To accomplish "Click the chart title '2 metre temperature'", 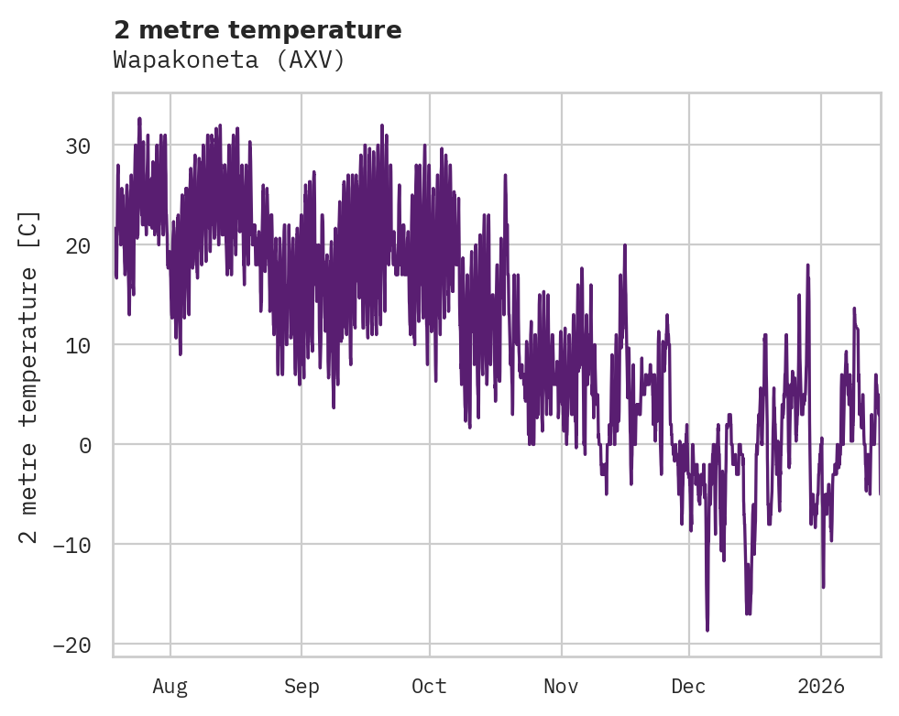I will pos(258,30).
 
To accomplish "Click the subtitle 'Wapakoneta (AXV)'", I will pos(229,60).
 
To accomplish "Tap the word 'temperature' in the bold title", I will pos(327,30).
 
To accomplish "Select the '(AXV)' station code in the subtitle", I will pos(312,60).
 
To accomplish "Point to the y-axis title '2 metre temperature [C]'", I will pos(29,376).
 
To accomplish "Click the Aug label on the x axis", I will pos(170,686).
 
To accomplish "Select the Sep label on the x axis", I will pos(301,686).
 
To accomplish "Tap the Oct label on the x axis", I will pos(429,686).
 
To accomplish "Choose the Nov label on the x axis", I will pos(561,686).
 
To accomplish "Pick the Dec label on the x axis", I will pos(688,686).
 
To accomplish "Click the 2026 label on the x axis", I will pos(821,686).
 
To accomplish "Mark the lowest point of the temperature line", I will pos(707,630).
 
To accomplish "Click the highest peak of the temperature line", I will pos(139,118).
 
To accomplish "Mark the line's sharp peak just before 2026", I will pos(807,265).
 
